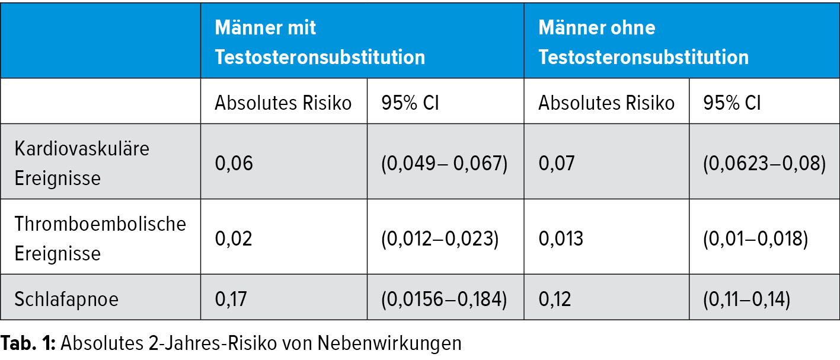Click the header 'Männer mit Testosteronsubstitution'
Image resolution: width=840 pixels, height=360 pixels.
point(320,43)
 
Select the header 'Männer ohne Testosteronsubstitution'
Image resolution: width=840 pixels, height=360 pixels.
point(643,43)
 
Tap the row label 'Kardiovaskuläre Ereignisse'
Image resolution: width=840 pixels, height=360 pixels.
point(82,162)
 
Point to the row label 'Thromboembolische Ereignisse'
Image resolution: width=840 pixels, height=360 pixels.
point(100,238)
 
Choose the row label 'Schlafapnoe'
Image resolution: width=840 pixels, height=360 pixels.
point(66,298)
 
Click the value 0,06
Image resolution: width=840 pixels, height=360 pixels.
point(234,163)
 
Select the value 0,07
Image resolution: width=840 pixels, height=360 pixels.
point(557,163)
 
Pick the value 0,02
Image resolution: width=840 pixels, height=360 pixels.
point(234,238)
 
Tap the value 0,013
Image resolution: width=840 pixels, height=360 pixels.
point(561,238)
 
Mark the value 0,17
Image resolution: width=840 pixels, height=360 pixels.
point(232,298)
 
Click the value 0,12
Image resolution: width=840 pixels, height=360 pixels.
point(555,298)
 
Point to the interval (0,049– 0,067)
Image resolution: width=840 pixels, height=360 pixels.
point(444,163)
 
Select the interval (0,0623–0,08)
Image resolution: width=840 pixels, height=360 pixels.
point(764,163)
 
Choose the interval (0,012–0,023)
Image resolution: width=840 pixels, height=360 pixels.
point(439,238)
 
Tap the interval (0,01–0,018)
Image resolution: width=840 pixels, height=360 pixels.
point(755,238)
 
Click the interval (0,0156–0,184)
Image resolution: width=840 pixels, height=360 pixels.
point(444,298)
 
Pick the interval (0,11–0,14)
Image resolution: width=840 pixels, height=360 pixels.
point(746,298)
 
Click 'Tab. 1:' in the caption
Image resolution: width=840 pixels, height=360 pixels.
point(27,343)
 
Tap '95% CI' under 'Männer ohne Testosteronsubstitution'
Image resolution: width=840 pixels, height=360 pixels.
point(732,103)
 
